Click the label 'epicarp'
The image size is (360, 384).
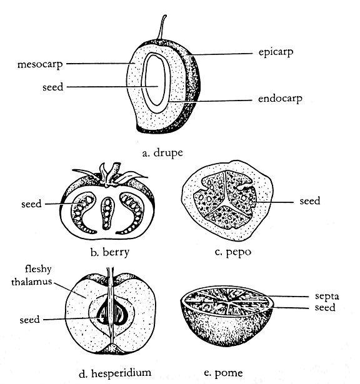276,52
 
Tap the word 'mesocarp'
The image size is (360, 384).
40,65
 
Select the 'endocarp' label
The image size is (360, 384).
280,99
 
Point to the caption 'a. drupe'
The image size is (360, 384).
162,153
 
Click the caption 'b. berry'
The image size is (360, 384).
110,252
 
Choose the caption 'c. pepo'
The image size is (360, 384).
232,252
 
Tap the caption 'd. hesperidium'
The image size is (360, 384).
115,373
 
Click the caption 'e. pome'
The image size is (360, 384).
223,373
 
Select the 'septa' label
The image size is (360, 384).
327,297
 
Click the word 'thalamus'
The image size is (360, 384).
32,282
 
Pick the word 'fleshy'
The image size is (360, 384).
38,269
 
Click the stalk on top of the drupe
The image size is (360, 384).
162,27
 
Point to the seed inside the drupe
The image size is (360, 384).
154,80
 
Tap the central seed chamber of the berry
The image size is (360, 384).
107,214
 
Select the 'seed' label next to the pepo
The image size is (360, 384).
310,201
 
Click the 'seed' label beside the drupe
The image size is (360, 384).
52,87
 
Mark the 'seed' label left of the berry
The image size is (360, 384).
31,204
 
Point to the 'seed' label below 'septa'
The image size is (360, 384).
325,308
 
